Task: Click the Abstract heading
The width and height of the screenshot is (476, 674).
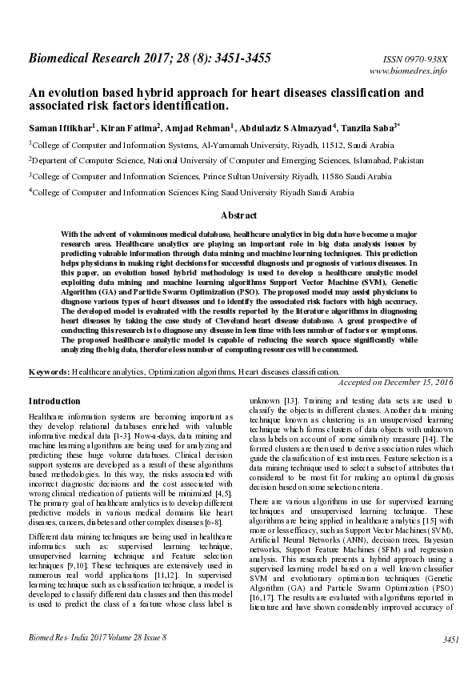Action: point(238,215)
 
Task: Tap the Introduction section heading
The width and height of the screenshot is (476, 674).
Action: point(54,400)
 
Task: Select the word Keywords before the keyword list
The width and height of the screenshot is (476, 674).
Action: point(48,372)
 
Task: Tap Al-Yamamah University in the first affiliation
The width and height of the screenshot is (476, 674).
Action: point(249,145)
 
